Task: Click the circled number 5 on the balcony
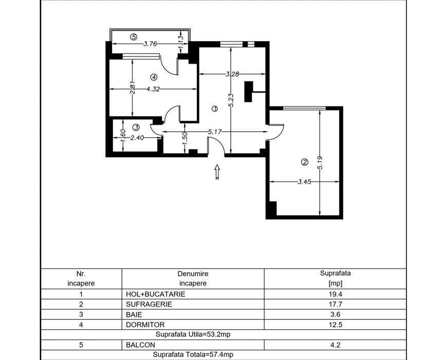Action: pyautogui.click(x=134, y=37)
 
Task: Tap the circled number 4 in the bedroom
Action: pyautogui.click(x=154, y=78)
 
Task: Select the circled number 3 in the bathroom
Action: pyautogui.click(x=136, y=127)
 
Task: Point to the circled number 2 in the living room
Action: pyautogui.click(x=304, y=162)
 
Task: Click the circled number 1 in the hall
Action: pyautogui.click(x=215, y=109)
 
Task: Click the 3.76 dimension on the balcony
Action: pyautogui.click(x=150, y=44)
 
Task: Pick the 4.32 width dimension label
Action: pyautogui.click(x=153, y=89)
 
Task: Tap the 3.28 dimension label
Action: pyautogui.click(x=232, y=74)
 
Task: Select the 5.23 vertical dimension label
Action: pyautogui.click(x=231, y=100)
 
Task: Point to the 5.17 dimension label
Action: pyautogui.click(x=215, y=132)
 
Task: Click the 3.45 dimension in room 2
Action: pyautogui.click(x=304, y=182)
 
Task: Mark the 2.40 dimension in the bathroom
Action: pyautogui.click(x=137, y=138)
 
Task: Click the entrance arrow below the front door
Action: pyautogui.click(x=217, y=172)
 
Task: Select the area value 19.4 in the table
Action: pyautogui.click(x=335, y=294)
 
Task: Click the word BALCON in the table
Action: pyautogui.click(x=141, y=345)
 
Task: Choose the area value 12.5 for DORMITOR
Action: pyautogui.click(x=335, y=325)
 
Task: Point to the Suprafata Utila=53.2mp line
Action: pyautogui.click(x=193, y=335)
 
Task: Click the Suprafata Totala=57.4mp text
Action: pyautogui.click(x=193, y=354)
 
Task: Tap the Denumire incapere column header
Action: pyautogui.click(x=193, y=279)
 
